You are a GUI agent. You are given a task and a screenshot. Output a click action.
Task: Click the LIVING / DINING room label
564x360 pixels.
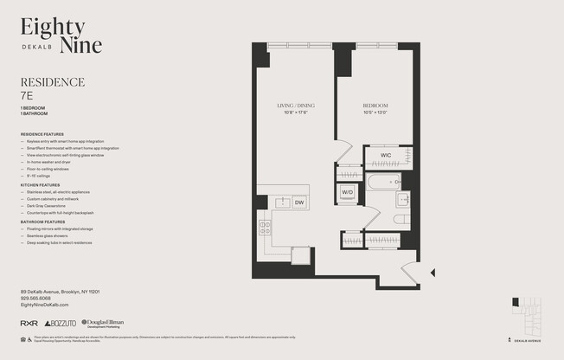pyautogui.click(x=293, y=106)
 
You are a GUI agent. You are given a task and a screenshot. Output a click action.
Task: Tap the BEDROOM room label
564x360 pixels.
pyautogui.click(x=375, y=106)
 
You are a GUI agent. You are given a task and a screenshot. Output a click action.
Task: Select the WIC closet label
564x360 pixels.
pyautogui.click(x=386, y=155)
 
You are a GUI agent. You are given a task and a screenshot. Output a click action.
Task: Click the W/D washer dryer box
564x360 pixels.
pyautogui.click(x=347, y=192)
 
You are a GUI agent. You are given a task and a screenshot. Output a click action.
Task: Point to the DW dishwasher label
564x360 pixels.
pyautogui.click(x=298, y=202)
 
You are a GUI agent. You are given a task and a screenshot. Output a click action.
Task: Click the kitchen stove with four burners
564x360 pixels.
pyautogui.click(x=266, y=228)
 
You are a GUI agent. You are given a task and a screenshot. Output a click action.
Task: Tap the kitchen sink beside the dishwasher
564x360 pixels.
pyautogui.click(x=281, y=202)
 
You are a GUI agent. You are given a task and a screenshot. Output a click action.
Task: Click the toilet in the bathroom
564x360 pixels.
pyautogui.click(x=401, y=220)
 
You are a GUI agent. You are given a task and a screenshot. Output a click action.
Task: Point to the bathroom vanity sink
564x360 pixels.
pyautogui.click(x=404, y=200)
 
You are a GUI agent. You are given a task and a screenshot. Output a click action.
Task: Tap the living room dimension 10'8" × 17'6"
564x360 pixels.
pyautogui.click(x=293, y=112)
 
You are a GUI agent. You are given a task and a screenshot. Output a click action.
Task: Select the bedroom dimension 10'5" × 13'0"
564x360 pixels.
pyautogui.click(x=375, y=112)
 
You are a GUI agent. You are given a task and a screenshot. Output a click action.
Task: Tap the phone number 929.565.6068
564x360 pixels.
pyautogui.click(x=41, y=299)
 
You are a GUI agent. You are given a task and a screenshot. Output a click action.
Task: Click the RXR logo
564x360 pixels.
pyautogui.click(x=29, y=323)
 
